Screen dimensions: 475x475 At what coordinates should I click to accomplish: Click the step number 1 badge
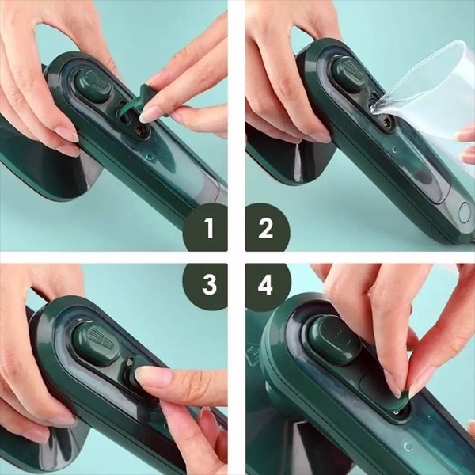coord(206,227)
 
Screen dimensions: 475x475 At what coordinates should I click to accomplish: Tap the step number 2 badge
coord(268,227)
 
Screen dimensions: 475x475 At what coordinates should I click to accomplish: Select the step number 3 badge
coord(206,286)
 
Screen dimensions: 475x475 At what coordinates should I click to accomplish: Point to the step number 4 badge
coord(268,286)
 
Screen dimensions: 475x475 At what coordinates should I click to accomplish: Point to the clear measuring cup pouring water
coord(424,100)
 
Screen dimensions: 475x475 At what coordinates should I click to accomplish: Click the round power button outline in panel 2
coord(465,213)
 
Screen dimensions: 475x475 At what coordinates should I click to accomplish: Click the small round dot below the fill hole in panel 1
coord(150,157)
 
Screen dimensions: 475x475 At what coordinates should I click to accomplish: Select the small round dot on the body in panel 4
coord(408,446)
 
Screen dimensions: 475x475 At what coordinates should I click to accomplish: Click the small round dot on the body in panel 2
coord(394,150)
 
